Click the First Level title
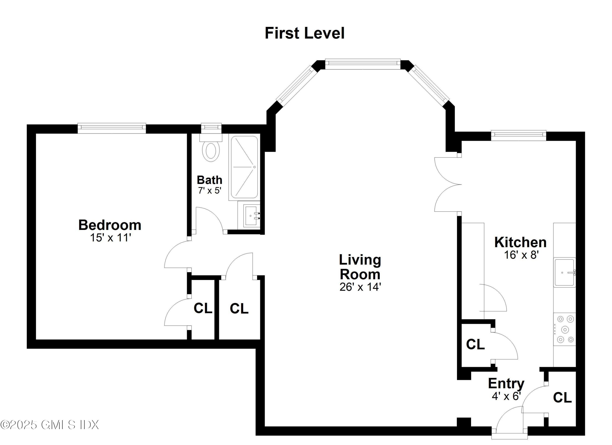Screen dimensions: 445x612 click(x=304, y=33)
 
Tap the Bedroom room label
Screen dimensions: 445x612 click(x=110, y=225)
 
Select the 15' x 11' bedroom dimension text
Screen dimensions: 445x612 click(x=110, y=238)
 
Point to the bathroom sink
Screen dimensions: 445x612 click(x=252, y=216)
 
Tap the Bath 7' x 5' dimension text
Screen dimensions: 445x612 click(x=210, y=191)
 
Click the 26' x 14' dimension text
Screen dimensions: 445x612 click(x=360, y=287)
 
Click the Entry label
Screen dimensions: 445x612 click(x=506, y=383)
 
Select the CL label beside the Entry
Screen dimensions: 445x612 click(x=562, y=397)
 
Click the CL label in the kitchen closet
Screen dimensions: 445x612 click(x=476, y=344)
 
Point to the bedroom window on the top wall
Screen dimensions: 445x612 click(x=112, y=128)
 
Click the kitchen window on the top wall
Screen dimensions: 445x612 click(x=518, y=135)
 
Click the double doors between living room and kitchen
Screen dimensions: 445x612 click(x=448, y=185)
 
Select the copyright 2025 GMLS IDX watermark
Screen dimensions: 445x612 click(x=50, y=425)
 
